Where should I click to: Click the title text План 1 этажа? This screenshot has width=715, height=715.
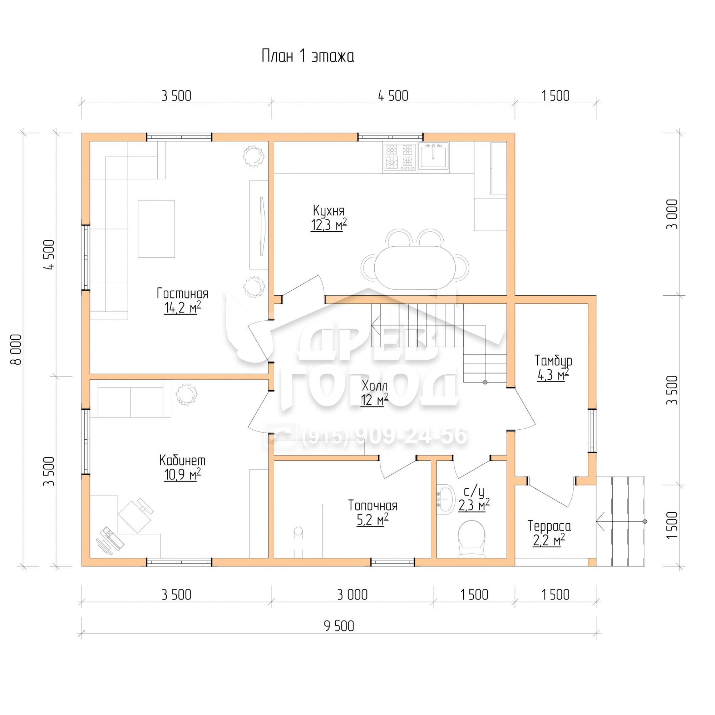tap(307, 56)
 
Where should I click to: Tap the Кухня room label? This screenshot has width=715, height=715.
tap(329, 211)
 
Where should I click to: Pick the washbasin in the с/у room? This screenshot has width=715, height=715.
tap(445, 499)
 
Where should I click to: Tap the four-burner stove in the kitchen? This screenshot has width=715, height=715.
tap(400, 157)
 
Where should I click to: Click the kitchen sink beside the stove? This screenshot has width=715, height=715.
tap(433, 157)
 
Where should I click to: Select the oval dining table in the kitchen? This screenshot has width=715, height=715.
tap(414, 268)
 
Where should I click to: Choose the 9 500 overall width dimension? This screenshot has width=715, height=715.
tap(339, 626)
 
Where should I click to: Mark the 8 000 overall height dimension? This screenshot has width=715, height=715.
tap(17, 350)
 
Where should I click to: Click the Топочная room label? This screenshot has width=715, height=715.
tap(373, 505)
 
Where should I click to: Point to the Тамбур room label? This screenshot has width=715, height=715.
tap(553, 360)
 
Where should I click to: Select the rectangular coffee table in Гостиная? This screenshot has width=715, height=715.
tap(156, 229)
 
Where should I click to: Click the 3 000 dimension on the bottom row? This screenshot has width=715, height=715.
tap(352, 595)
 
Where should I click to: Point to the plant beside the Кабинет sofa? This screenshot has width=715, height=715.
tap(186, 394)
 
